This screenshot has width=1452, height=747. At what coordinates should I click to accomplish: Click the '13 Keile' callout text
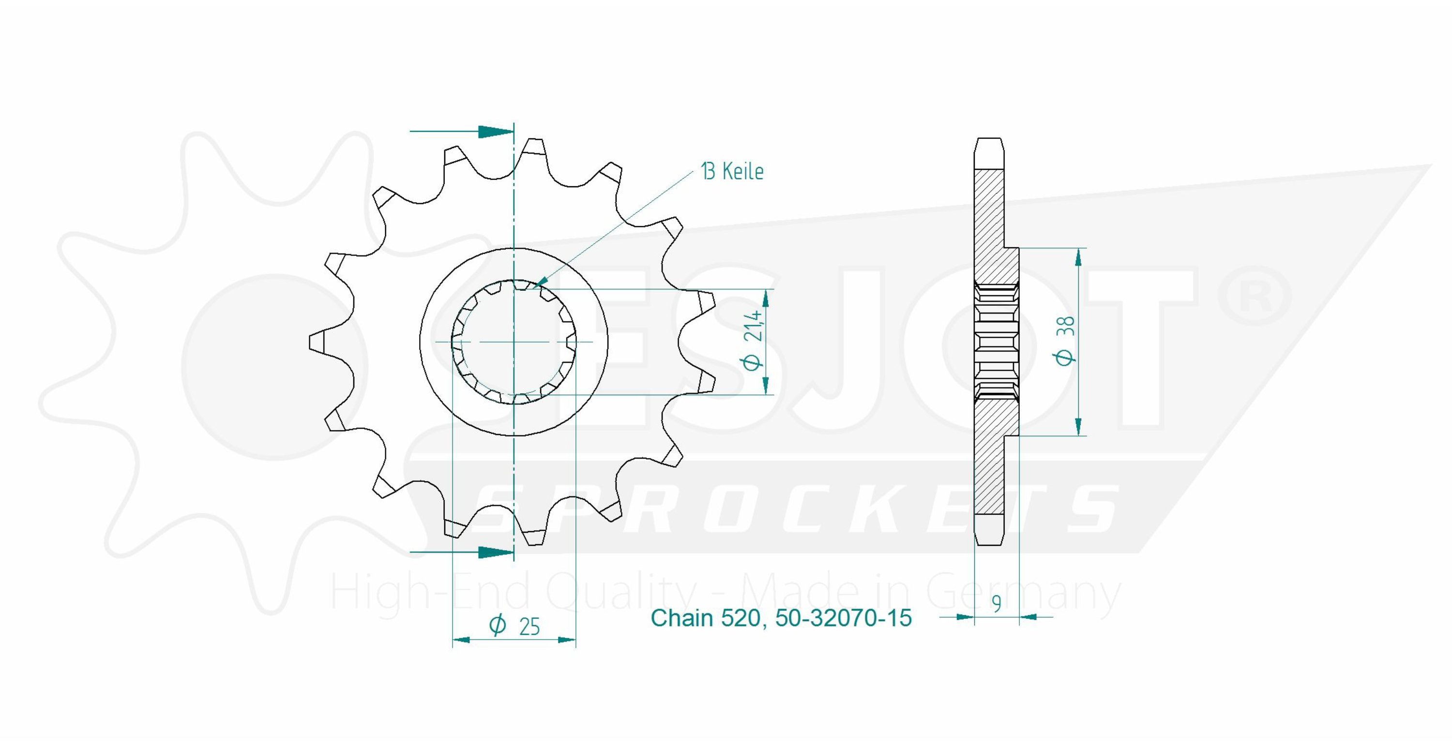point(732,171)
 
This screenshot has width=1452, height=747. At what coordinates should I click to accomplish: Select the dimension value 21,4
point(753,326)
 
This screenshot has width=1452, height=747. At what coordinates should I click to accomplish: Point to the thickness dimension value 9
point(997,604)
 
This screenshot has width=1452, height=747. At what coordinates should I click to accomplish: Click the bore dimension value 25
point(529,627)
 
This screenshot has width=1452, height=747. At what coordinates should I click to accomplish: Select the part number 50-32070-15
point(843,618)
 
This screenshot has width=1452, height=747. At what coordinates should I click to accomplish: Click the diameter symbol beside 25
point(498,625)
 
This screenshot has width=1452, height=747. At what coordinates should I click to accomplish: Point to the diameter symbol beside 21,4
point(753,362)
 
